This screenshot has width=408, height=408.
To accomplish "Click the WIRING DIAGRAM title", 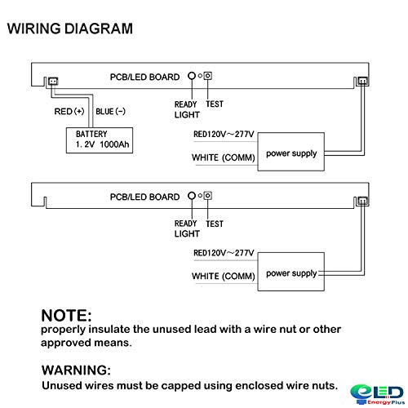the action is pos(70,29).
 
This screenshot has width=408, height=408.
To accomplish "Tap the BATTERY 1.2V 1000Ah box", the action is pos(100,140).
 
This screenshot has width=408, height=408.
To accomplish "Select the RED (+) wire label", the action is pos(69,111).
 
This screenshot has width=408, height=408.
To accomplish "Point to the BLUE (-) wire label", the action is pos(110,111).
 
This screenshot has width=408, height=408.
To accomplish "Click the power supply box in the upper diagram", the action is pos(291,152).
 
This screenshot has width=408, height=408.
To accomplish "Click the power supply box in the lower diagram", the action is pos(291,272).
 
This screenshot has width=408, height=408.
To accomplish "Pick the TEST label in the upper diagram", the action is pos(215,104).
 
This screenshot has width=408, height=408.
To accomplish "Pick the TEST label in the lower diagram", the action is pos(215,224).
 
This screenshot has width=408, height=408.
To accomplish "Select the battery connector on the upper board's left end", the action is pos(53,81).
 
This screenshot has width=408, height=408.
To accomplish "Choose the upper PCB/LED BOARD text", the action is pos(144,77).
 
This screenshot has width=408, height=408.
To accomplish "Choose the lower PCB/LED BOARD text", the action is pos(144,197).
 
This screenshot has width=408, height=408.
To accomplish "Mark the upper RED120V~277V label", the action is pos(224,134).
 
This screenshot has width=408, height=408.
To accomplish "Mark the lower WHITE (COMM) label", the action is pos(224,277).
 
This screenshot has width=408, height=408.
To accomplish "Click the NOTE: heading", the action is pos(66,316).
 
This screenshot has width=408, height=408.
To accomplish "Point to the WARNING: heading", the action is pos(76,370).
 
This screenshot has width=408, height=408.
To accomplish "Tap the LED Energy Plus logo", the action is pos(377,394).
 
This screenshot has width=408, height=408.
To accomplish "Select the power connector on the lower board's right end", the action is pos(363,201).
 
